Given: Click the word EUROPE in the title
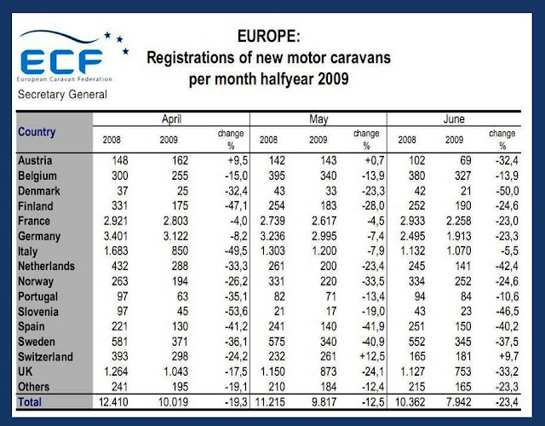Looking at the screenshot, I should click(x=266, y=38).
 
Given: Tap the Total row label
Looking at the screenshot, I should click(x=32, y=400).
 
